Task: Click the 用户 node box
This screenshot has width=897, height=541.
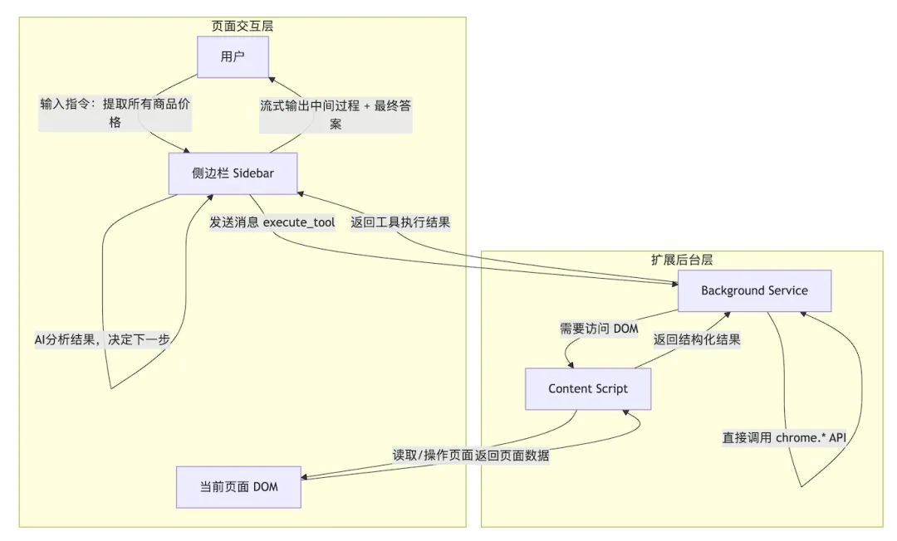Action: click(233, 57)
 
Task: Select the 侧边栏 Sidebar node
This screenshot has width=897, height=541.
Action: click(233, 173)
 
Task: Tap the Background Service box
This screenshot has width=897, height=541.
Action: click(754, 290)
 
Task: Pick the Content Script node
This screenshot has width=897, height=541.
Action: click(588, 388)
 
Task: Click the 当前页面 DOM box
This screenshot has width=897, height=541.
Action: click(238, 486)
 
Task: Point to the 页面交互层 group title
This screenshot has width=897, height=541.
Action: click(243, 26)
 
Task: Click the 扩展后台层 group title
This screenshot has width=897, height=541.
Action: click(681, 260)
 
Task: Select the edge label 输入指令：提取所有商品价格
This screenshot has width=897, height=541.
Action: click(115, 114)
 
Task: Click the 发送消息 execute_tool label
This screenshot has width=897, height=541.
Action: click(274, 222)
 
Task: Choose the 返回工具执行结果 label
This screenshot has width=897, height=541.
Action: click(400, 222)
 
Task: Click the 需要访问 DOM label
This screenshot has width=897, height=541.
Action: click(600, 329)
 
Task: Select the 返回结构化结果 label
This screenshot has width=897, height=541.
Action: click(697, 339)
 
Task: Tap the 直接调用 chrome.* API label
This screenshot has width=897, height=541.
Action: click(784, 437)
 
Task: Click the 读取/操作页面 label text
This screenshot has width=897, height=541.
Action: click(434, 456)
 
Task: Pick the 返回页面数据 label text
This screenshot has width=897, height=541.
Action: click(512, 456)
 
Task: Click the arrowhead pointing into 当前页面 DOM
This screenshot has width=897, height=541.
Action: click(305, 478)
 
